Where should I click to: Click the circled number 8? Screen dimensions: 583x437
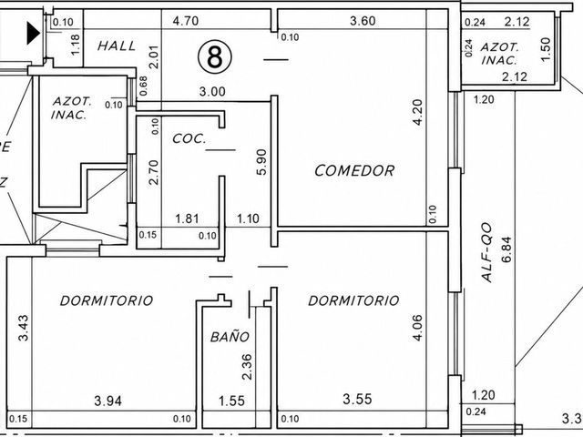tap(215, 56)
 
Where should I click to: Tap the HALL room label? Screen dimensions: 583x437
tap(117, 46)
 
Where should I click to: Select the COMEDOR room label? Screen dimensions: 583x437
tap(354, 170)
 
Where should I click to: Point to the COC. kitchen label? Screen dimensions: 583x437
tap(189, 138)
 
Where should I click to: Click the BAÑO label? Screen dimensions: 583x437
tap(230, 337)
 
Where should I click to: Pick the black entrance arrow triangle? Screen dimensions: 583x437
tap(33, 33)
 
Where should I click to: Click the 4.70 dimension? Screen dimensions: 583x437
tap(186, 21)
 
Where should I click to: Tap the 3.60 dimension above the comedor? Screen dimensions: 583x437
tap(363, 21)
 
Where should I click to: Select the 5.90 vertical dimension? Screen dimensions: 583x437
tap(261, 162)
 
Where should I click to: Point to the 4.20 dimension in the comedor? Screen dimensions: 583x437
tap(417, 112)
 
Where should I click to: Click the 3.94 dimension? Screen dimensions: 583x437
tap(107, 401)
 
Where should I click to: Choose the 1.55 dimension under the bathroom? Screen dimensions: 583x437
tap(231, 401)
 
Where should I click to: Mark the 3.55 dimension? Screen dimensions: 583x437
tap(357, 399)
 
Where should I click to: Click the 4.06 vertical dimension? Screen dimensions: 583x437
tap(417, 328)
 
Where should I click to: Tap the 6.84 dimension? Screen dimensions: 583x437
tap(506, 249)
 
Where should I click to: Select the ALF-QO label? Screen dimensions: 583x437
tap(486, 252)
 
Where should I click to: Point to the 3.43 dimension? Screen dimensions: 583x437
tap(23, 328)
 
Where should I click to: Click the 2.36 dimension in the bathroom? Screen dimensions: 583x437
tap(247, 367)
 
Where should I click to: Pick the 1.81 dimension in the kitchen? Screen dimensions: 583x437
tap(187, 218)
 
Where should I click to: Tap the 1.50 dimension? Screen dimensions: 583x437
tap(545, 49)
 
